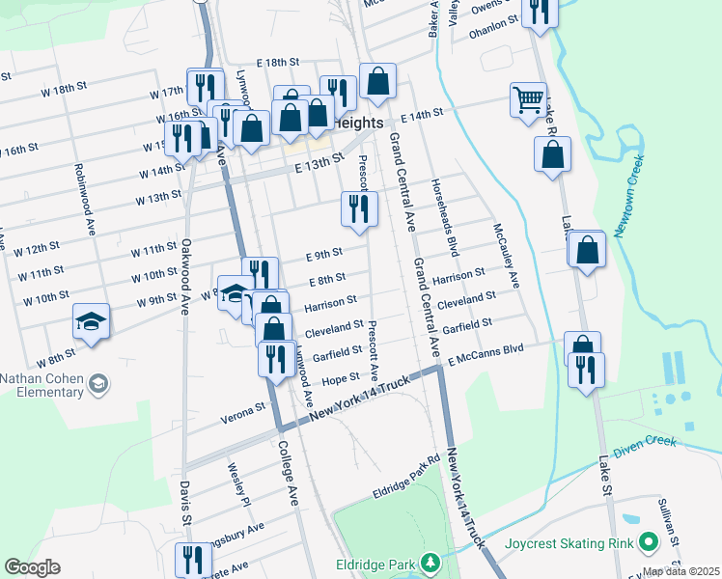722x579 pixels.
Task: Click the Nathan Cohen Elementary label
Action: coord(42,385)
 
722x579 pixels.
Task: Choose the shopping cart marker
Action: coord(528,99)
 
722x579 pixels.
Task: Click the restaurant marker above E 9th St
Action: coord(358,207)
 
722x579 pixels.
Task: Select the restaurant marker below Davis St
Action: coord(193,561)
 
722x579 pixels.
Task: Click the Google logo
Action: coord(32,567)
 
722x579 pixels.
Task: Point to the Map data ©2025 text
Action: coord(681,571)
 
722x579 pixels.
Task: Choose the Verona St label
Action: coord(246,409)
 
